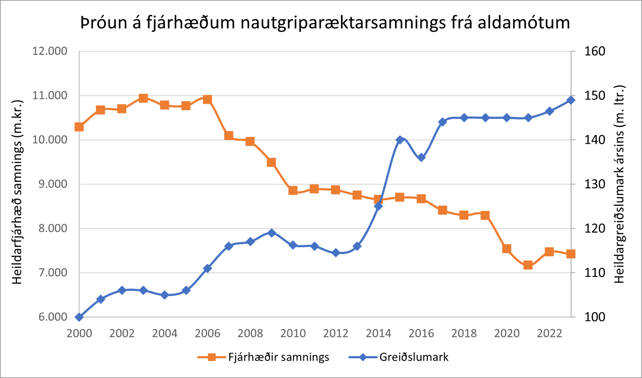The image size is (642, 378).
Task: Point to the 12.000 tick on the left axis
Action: click(x=50, y=51)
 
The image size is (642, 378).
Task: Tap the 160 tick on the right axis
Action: click(x=594, y=51)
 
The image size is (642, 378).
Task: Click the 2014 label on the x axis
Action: click(x=378, y=333)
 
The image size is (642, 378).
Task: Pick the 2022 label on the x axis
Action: click(x=549, y=333)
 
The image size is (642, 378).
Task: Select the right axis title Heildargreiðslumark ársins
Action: click(x=620, y=184)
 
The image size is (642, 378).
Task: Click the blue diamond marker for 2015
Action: click(x=400, y=140)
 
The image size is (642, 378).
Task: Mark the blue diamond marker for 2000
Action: click(x=79, y=317)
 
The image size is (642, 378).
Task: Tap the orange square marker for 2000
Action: click(x=79, y=127)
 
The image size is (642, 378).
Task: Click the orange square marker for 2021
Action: click(x=528, y=265)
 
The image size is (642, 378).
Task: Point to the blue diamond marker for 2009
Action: click(x=272, y=233)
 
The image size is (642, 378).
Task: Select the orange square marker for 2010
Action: click(x=293, y=191)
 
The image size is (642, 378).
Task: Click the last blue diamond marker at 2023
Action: click(x=571, y=100)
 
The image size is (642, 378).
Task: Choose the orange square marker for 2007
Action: click(x=229, y=136)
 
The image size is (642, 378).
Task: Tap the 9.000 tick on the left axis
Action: click(x=53, y=184)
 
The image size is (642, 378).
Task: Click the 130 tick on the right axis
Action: click(x=594, y=184)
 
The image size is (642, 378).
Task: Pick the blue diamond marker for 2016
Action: click(x=421, y=158)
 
